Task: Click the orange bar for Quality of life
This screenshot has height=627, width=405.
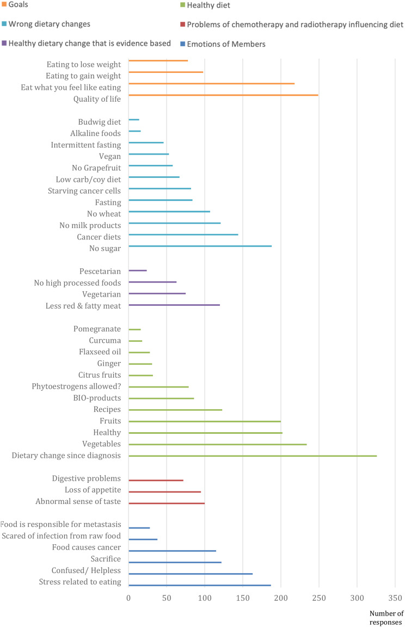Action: click(224, 95)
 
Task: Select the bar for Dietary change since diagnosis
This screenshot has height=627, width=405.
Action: click(253, 456)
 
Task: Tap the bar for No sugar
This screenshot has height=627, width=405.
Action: click(200, 246)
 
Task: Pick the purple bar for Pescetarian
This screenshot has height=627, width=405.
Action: click(138, 271)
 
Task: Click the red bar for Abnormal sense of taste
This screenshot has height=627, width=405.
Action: click(167, 503)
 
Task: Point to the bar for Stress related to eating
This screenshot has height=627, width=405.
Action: click(200, 586)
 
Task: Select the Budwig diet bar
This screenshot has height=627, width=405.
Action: click(134, 120)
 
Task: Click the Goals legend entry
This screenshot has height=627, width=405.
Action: click(15, 4)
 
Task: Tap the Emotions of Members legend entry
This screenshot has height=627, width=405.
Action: click(223, 44)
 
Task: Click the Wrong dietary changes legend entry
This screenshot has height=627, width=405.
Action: click(46, 24)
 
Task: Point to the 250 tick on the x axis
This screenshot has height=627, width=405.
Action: click(319, 598)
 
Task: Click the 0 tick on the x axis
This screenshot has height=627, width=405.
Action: click(128, 598)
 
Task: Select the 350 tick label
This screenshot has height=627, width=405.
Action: click(395, 598)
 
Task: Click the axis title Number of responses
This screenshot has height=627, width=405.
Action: click(386, 618)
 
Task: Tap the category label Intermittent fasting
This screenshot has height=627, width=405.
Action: click(85, 145)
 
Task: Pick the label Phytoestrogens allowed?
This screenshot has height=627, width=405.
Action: click(76, 386)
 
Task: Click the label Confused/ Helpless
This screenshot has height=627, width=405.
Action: click(86, 570)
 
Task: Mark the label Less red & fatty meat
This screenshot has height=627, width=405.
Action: click(83, 306)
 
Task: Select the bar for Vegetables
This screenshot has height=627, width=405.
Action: click(218, 444)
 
